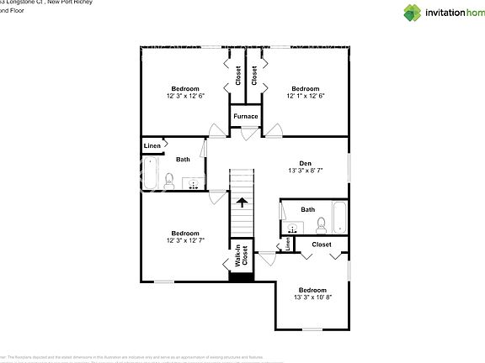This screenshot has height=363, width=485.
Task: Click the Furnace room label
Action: pos(245,116)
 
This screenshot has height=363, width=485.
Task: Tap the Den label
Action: pos(306,163)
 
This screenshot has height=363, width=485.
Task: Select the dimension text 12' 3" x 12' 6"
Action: pos(185,97)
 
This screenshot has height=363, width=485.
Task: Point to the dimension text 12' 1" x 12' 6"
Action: pos(305,97)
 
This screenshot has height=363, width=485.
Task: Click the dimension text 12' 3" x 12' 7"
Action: pos(185,241)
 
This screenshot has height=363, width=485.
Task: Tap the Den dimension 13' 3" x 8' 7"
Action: pos(306,171)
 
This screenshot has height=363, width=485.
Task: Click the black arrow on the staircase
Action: pos(242,202)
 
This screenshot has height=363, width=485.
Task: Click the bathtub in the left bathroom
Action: pos(150,176)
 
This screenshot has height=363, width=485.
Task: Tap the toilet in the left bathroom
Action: pos(170,181)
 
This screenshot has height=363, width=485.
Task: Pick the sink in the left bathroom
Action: pos(195,184)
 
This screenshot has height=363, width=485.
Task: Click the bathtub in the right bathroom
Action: pos(339,217)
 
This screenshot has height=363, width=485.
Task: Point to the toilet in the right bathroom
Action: pos(321,225)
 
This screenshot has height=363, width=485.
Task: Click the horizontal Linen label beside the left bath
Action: pos(152,146)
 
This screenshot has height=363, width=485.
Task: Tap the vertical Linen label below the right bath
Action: pos(288,244)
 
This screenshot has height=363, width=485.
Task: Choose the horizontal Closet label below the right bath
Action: pos(321,245)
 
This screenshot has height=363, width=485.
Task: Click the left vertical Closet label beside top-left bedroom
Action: pos(238,76)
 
